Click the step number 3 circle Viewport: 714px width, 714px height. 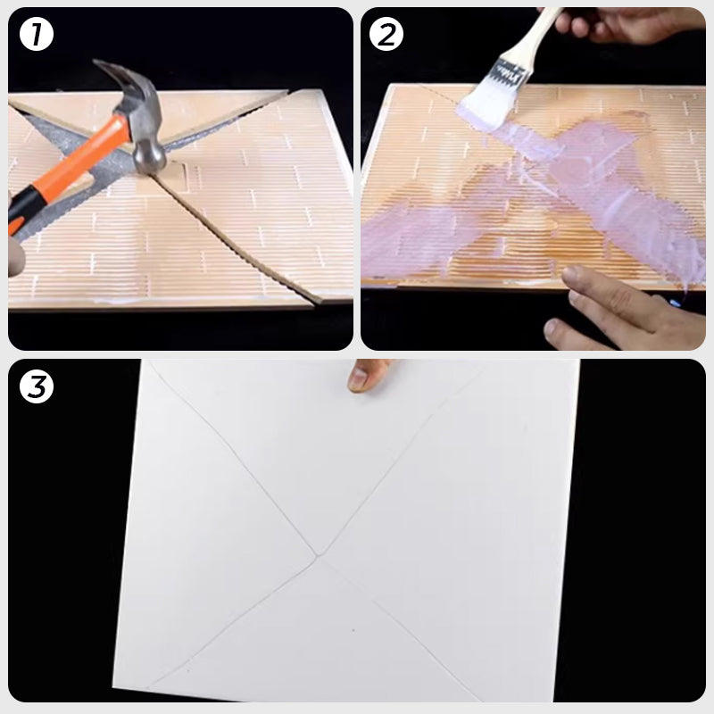coord(37,387)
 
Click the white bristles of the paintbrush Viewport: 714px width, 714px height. coord(486,98)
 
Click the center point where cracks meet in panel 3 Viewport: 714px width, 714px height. coord(318,557)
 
